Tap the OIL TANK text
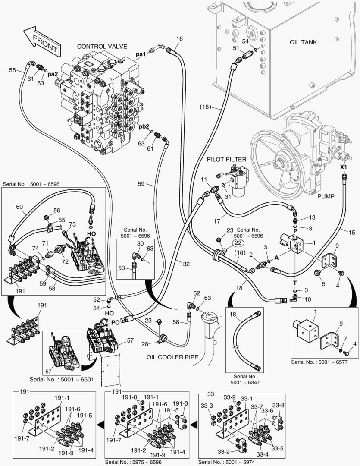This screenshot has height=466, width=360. (303, 42)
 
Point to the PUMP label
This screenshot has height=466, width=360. (326, 196)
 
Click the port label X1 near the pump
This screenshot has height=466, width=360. (344, 167)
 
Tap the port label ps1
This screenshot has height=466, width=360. (141, 55)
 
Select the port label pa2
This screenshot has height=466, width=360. (53, 74)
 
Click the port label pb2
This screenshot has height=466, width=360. (144, 126)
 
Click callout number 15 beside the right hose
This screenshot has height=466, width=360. (352, 233)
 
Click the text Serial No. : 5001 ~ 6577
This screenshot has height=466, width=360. (322, 361)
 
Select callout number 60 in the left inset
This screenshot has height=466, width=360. (19, 207)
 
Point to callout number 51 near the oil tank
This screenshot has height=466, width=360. (236, 48)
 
